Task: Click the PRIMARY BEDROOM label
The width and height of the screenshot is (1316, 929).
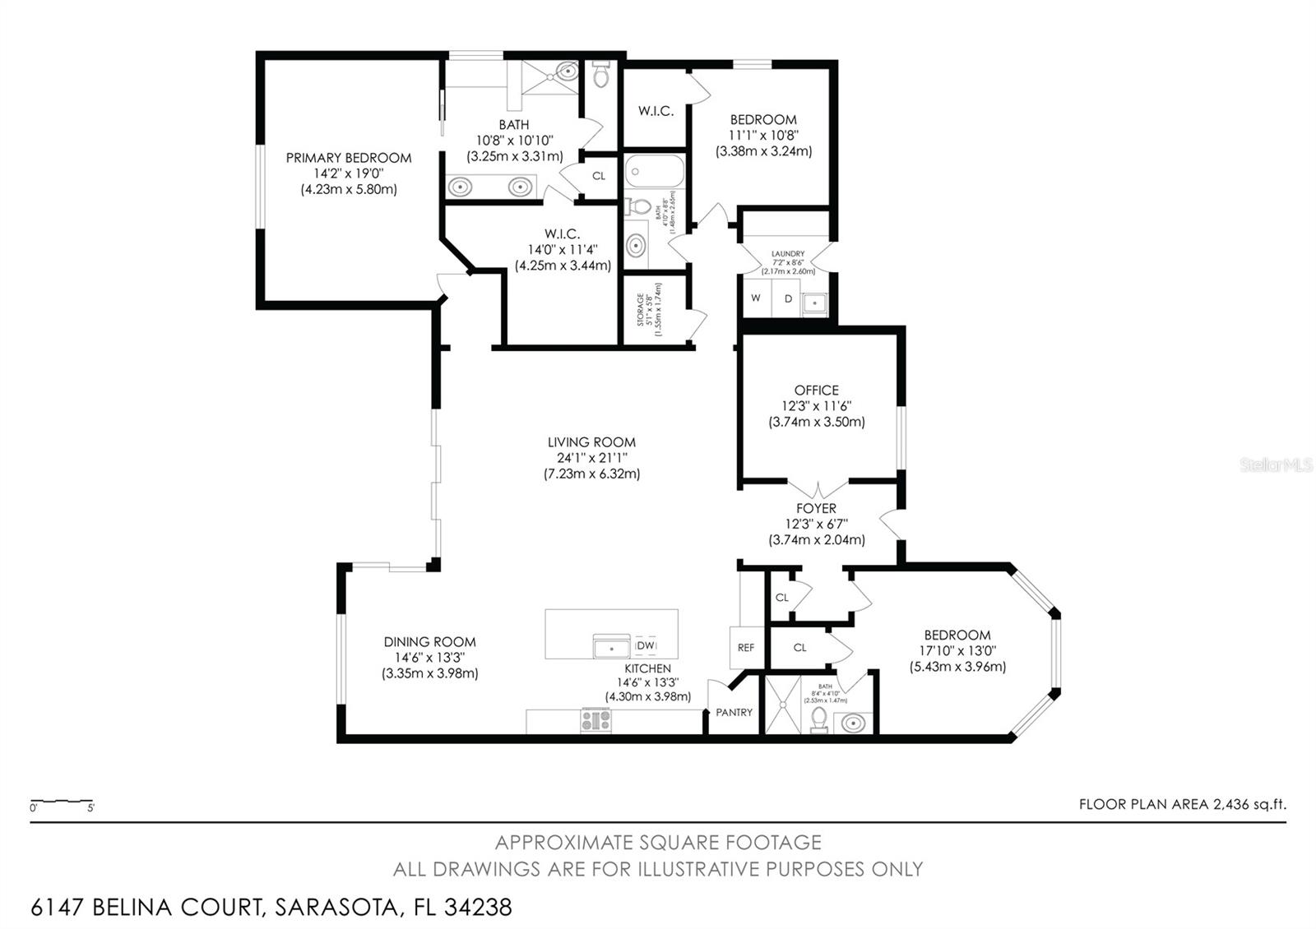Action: click(348, 158)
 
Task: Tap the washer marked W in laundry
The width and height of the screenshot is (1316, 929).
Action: click(755, 298)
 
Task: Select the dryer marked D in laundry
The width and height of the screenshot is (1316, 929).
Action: click(787, 298)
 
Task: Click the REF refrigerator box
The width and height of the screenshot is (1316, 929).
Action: click(745, 648)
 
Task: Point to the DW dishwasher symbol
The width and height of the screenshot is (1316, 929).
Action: click(645, 645)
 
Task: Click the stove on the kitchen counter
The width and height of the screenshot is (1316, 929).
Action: click(596, 720)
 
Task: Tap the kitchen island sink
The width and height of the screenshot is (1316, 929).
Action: click(613, 647)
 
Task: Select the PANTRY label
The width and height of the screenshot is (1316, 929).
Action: click(734, 712)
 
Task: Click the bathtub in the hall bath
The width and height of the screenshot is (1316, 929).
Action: click(654, 173)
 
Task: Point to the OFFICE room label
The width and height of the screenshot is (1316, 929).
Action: click(816, 391)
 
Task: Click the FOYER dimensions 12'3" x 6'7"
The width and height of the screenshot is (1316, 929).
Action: click(816, 524)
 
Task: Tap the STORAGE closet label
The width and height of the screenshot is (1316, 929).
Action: click(641, 310)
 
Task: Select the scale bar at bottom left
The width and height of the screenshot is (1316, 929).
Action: click(62, 802)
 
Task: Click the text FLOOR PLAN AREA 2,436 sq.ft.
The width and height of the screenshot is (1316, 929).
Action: click(1182, 804)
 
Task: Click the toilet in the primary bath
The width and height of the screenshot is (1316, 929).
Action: click(600, 76)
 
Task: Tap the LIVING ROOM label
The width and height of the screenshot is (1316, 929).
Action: click(591, 442)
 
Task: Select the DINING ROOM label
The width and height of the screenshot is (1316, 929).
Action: click(429, 642)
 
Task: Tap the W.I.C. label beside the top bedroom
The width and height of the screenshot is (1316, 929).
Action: click(656, 111)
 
